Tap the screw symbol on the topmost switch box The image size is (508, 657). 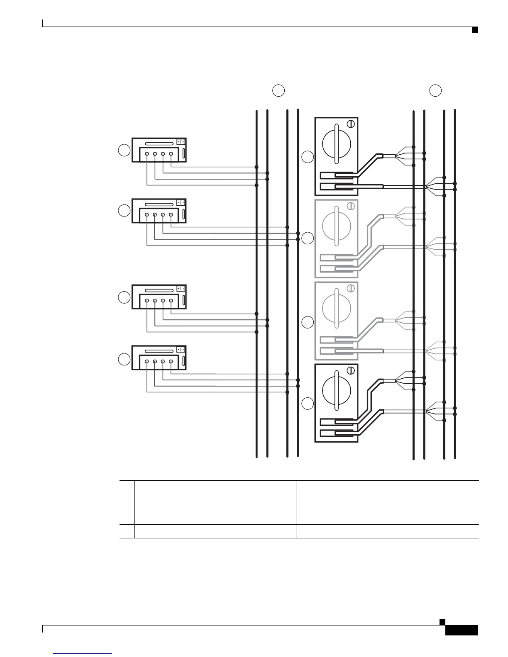[350, 124]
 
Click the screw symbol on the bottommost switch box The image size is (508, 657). [350, 370]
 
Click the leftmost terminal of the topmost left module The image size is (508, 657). [147, 154]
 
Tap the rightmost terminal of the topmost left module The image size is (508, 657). [171, 154]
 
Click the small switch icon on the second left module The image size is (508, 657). [181, 203]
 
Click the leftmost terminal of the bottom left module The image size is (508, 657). [147, 362]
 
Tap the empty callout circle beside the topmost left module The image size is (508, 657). [124, 150]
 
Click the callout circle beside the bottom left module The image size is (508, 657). [124, 359]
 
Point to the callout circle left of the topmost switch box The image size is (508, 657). [308, 157]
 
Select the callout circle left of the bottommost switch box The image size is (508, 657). [308, 404]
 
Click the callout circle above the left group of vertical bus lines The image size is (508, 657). [278, 90]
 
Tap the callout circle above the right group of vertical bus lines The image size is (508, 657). [435, 90]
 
